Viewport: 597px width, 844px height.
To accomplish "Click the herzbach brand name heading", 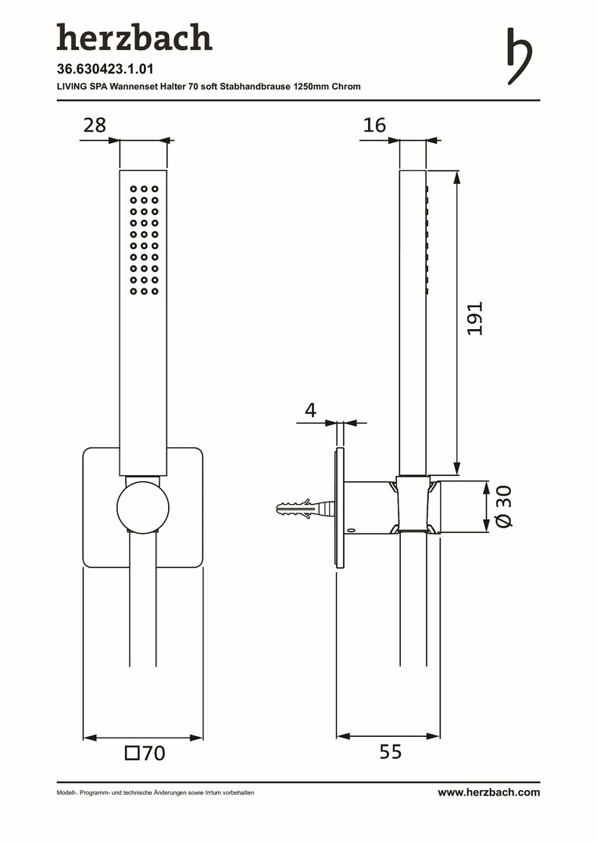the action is pos(134,38).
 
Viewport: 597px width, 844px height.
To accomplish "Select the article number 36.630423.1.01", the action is pos(105,69).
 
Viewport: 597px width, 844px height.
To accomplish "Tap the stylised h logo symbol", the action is pos(520,56).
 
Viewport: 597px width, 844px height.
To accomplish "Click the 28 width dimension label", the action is pos(95,125).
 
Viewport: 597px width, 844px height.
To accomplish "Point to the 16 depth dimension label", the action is pos(374,125).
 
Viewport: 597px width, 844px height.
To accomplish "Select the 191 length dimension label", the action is pos(475,319).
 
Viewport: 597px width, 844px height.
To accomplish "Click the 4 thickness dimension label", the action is pos(311,410).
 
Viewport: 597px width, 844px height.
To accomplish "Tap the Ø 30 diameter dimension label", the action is pos(504,506).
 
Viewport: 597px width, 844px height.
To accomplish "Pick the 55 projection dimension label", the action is pos(390,752).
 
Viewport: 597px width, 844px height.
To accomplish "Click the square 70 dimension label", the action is pos(145,753).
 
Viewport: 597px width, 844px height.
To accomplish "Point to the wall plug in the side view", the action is pos(306,509).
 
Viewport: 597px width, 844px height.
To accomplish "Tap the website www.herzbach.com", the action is pos(488,792).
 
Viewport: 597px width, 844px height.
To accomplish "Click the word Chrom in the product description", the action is pos(346,86).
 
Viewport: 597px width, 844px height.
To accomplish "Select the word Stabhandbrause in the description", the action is pos(255,86).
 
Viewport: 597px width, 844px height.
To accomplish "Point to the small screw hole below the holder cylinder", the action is pos(351,531).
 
